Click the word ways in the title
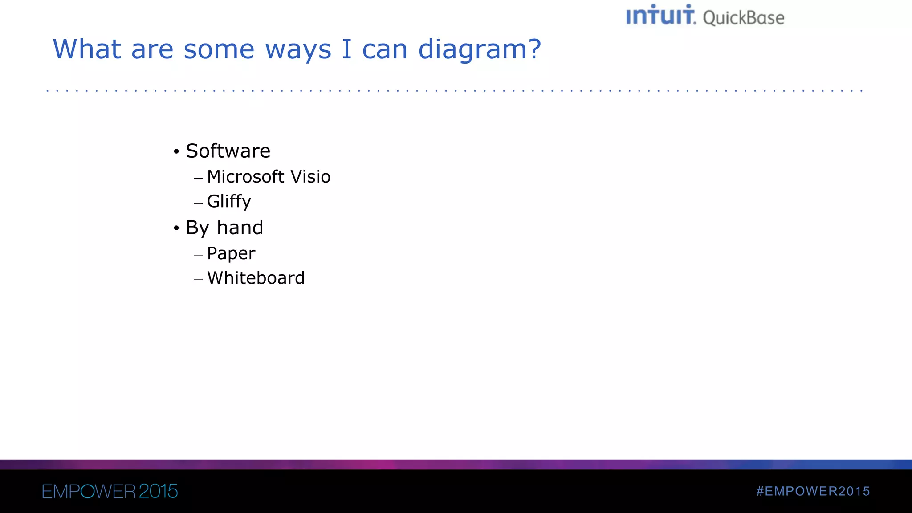[298, 50]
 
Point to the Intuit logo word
[660, 16]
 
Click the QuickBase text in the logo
[743, 18]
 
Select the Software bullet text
[228, 151]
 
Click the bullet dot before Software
[176, 152]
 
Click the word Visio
[310, 177]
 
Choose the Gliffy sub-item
[229, 201]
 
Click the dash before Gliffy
[198, 203]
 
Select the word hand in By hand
[240, 228]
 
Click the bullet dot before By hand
[176, 228]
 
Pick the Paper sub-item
[231, 253]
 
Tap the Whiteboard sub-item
[256, 278]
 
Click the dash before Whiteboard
[198, 280]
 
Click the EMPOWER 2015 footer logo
[110, 491]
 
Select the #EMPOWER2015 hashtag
[813, 491]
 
